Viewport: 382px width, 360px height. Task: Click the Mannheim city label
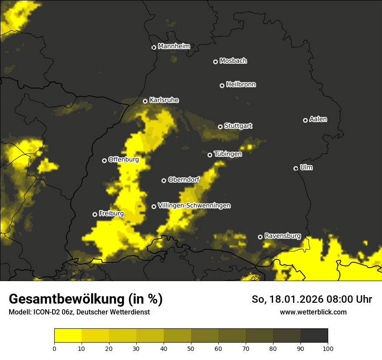[x=174, y=46]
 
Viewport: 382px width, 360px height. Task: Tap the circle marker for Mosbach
[x=215, y=62]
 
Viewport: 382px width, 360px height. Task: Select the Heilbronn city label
[x=241, y=84]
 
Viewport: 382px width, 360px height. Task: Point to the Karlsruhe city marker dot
[x=145, y=101]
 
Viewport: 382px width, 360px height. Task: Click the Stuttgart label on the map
[x=238, y=126]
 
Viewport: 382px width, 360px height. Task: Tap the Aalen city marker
[x=305, y=120]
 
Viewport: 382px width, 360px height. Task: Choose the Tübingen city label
[x=228, y=154]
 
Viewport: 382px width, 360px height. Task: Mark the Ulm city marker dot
[x=296, y=168]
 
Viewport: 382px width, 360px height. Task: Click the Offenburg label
[x=123, y=159]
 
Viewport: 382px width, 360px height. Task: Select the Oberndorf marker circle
[x=164, y=180]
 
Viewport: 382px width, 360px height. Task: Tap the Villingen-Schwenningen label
[x=194, y=205]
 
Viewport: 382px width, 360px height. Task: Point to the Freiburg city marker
[x=95, y=214]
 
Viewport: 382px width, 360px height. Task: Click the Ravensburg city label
[x=283, y=236]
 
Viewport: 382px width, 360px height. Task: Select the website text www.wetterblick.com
[x=313, y=312]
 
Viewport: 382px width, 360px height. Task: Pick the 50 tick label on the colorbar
[x=191, y=348]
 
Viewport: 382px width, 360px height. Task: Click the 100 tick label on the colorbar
[x=328, y=348]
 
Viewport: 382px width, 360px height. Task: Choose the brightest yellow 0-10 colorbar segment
[x=68, y=336]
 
